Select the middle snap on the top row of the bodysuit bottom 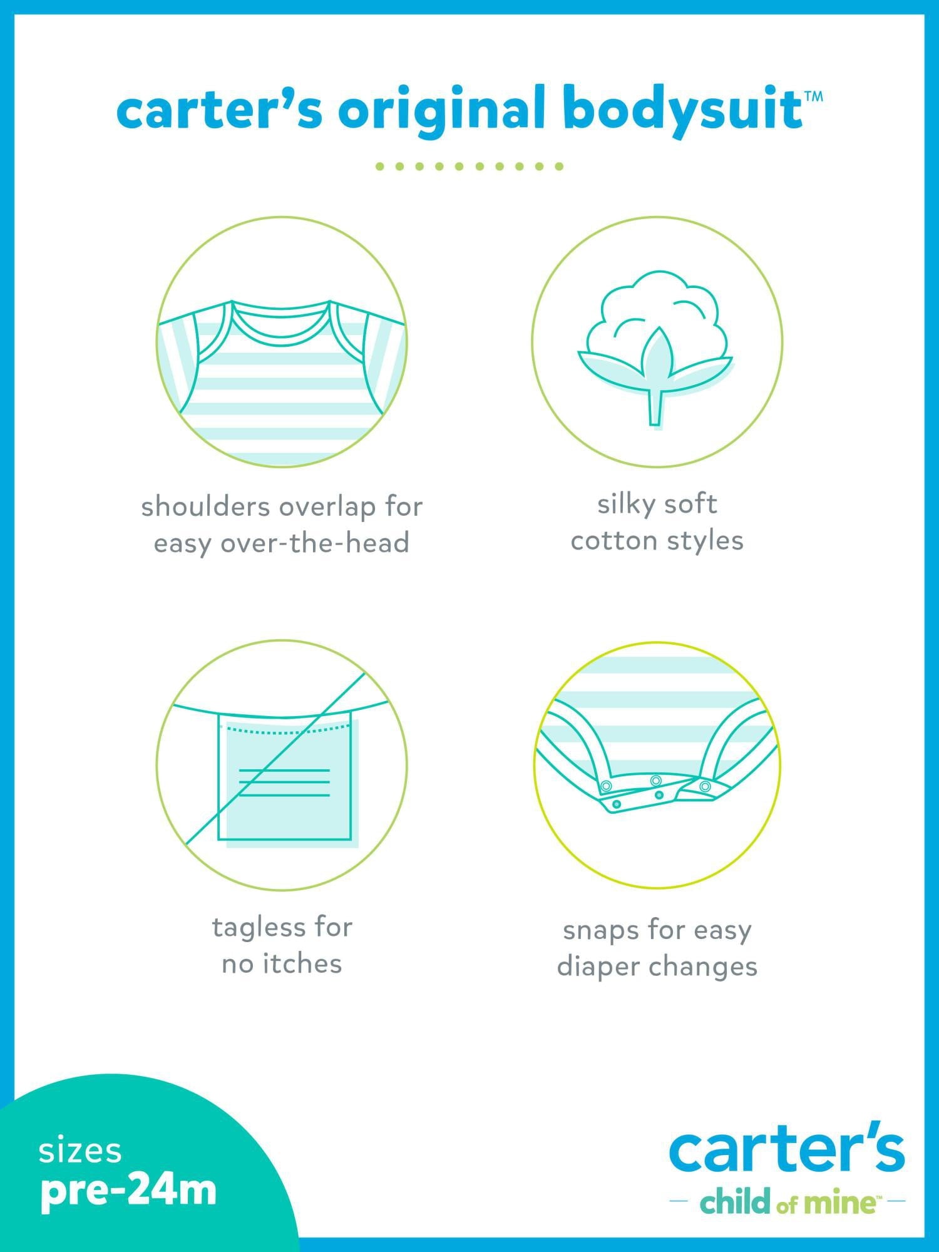pos(655,781)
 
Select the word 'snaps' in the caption pos(593,931)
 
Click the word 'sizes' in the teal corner pos(80,1152)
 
